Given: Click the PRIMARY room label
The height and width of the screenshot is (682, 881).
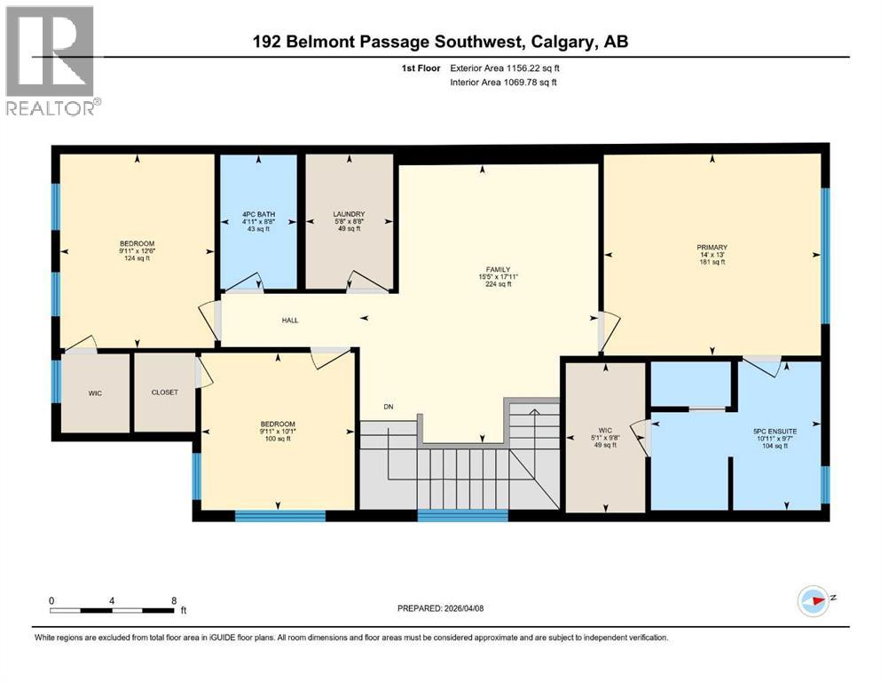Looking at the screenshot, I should [x=712, y=247].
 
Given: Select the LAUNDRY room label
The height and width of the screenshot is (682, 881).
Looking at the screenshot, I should [x=349, y=214].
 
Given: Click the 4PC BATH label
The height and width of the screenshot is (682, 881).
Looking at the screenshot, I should [x=258, y=214].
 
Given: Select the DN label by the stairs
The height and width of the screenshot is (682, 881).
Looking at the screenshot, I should [x=388, y=407].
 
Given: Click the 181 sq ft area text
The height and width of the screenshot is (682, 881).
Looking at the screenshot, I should [x=712, y=262].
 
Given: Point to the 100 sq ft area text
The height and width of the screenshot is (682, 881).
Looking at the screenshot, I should [x=278, y=440].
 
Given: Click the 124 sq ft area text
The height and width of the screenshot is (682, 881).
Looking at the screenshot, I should [x=138, y=258].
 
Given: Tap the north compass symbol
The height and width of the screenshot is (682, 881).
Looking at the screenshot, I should [x=814, y=601].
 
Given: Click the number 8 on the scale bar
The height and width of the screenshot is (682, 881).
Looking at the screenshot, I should [x=174, y=600].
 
